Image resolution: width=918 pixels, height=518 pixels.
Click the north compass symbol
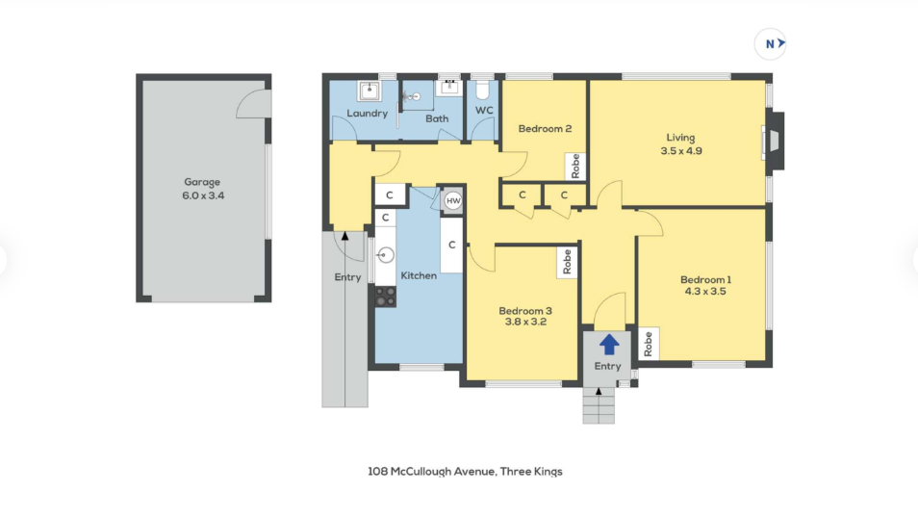click(x=770, y=43)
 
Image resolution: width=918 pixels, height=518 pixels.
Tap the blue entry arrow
click(x=609, y=344)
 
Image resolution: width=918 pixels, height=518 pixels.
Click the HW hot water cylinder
click(x=453, y=201)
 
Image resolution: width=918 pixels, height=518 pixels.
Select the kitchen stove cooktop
click(x=385, y=297)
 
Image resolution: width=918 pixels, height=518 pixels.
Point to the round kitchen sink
click(x=385, y=255)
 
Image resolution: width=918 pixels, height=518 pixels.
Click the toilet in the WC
click(x=482, y=90)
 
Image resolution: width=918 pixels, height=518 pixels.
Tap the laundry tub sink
click(x=369, y=91)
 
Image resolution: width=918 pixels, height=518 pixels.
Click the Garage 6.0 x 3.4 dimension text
click(x=203, y=195)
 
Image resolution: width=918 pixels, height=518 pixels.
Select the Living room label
click(x=681, y=138)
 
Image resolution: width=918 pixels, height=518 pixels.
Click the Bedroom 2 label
click(x=545, y=129)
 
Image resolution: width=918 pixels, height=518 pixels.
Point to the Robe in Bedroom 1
click(x=649, y=344)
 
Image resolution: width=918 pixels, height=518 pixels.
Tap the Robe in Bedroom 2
click(x=575, y=166)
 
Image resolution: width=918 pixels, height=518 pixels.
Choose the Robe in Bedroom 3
click(x=567, y=261)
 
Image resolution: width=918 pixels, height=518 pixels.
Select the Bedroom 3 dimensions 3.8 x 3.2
click(x=525, y=322)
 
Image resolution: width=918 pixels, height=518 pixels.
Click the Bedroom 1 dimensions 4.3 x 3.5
click(x=705, y=291)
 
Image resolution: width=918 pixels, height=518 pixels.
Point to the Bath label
click(x=437, y=118)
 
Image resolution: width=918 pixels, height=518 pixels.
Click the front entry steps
click(x=599, y=405)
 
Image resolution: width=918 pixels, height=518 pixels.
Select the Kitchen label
click(x=419, y=275)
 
